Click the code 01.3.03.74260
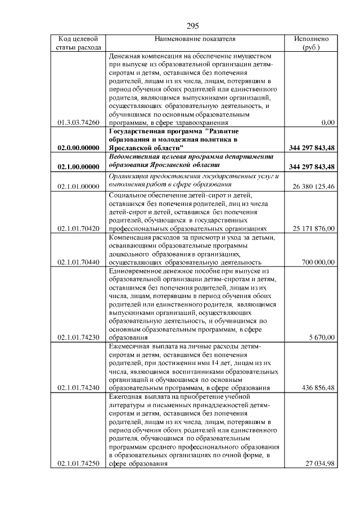tap(79, 122)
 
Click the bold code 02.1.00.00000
tap(78, 167)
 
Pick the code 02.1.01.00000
tap(79, 186)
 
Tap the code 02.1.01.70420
tap(79, 229)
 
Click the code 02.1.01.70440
tap(79, 262)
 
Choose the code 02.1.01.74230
tap(79, 337)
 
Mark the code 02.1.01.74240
tap(79, 388)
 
